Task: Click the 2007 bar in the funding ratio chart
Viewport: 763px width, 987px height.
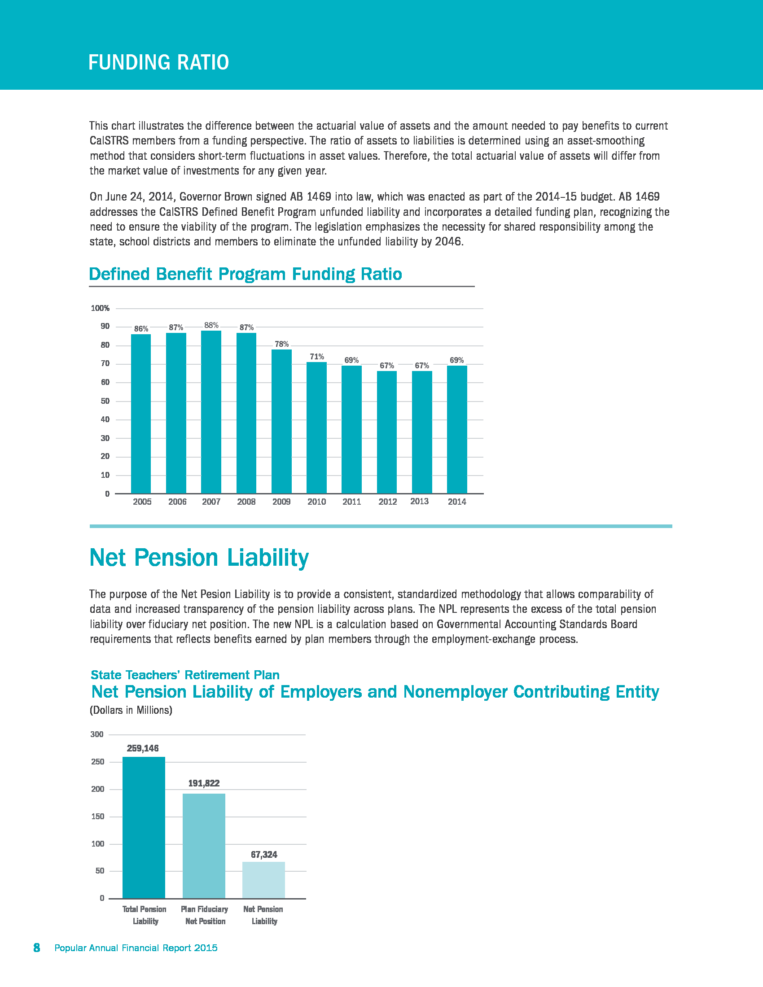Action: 211,412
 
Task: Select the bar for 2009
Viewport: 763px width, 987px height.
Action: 281,421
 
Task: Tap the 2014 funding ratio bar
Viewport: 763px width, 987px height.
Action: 456,429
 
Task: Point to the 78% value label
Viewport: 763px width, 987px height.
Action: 281,345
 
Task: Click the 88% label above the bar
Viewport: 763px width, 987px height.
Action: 211,325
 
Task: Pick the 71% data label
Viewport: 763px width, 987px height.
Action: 316,357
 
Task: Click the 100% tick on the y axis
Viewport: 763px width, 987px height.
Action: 101,308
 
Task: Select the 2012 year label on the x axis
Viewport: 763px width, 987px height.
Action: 387,502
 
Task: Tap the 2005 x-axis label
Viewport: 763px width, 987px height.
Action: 142,502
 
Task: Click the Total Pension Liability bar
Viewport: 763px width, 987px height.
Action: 144,827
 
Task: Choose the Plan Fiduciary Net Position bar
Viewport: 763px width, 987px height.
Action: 204,846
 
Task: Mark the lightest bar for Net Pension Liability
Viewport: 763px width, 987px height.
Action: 263,880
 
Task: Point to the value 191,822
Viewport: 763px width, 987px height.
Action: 204,783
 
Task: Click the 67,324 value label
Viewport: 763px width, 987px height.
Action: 264,855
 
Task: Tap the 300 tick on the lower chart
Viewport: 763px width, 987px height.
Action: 97,734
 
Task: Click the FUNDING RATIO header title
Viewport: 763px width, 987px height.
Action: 158,62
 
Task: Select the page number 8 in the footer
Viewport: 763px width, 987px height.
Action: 37,948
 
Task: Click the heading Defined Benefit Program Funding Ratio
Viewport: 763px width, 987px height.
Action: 246,274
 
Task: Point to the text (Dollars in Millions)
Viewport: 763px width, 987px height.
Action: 131,710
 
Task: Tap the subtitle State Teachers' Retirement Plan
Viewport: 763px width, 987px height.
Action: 185,675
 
